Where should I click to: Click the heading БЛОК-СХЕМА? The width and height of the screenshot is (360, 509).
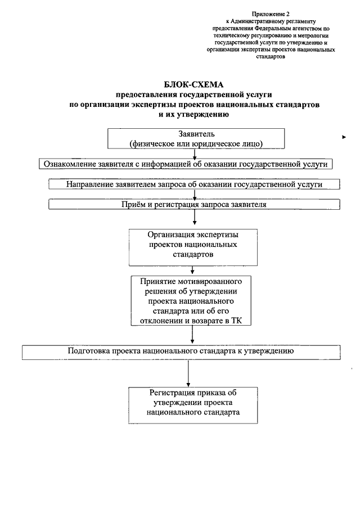point(194,85)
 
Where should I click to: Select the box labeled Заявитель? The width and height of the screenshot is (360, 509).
point(196,138)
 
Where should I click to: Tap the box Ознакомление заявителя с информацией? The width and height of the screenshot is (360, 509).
point(186,164)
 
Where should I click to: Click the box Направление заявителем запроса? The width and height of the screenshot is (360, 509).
point(194,184)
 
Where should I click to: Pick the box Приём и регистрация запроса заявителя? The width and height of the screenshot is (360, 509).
point(194,204)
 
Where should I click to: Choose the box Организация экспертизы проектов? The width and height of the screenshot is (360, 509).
point(193,247)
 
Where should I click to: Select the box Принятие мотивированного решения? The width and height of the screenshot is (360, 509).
point(191,300)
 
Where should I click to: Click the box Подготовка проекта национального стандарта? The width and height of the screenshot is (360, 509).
point(181,352)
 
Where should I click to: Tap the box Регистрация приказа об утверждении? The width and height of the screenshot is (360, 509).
point(193,405)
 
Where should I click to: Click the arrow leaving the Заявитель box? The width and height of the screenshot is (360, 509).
point(195,154)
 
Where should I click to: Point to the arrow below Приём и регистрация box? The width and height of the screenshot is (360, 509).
point(195,217)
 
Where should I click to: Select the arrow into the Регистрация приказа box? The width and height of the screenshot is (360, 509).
point(188,373)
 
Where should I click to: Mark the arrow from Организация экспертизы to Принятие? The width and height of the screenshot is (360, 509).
point(192,270)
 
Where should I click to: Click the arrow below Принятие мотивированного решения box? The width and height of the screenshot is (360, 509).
point(192,334)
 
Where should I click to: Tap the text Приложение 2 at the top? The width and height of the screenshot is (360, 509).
point(271,14)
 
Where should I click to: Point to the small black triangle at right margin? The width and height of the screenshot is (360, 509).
point(344,137)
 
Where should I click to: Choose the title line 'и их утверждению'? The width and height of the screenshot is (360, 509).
point(194,114)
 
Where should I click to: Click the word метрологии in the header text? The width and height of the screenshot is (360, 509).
point(316,35)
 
